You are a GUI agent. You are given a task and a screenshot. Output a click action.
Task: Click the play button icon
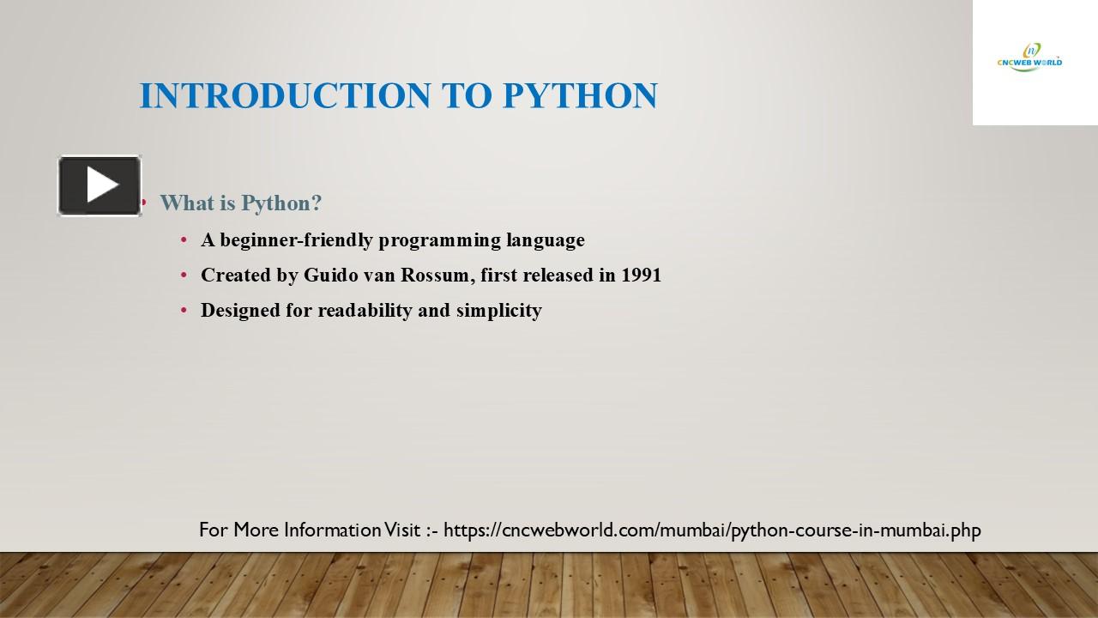100,185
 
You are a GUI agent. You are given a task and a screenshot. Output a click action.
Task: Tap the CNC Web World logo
1029,58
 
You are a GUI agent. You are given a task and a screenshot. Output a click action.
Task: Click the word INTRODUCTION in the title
287,96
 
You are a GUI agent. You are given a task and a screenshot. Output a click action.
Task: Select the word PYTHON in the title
580,96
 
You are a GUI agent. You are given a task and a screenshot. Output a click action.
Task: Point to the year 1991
641,276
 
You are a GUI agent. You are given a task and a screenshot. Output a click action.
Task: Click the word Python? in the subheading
281,203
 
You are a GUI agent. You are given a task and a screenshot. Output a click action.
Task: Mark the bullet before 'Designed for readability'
184,311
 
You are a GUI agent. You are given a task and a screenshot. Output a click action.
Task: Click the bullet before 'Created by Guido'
184,276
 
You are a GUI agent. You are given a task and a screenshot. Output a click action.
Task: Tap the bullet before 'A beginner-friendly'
184,240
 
